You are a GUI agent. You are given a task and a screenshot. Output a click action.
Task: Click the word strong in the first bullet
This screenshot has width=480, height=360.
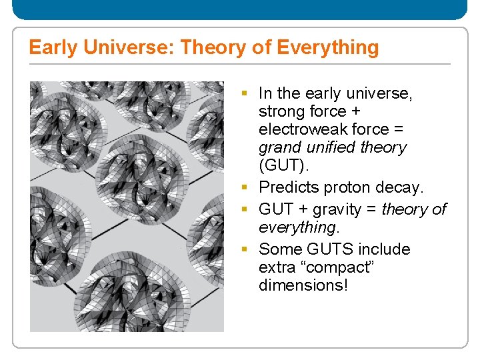tap(281, 111)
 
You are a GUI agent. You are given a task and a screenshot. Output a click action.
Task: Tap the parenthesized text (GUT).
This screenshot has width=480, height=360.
tap(281, 165)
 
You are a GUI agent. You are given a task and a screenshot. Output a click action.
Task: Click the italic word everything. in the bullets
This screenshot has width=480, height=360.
tap(299, 227)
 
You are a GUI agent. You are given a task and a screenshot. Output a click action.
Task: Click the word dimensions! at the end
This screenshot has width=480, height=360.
tap(303, 285)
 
